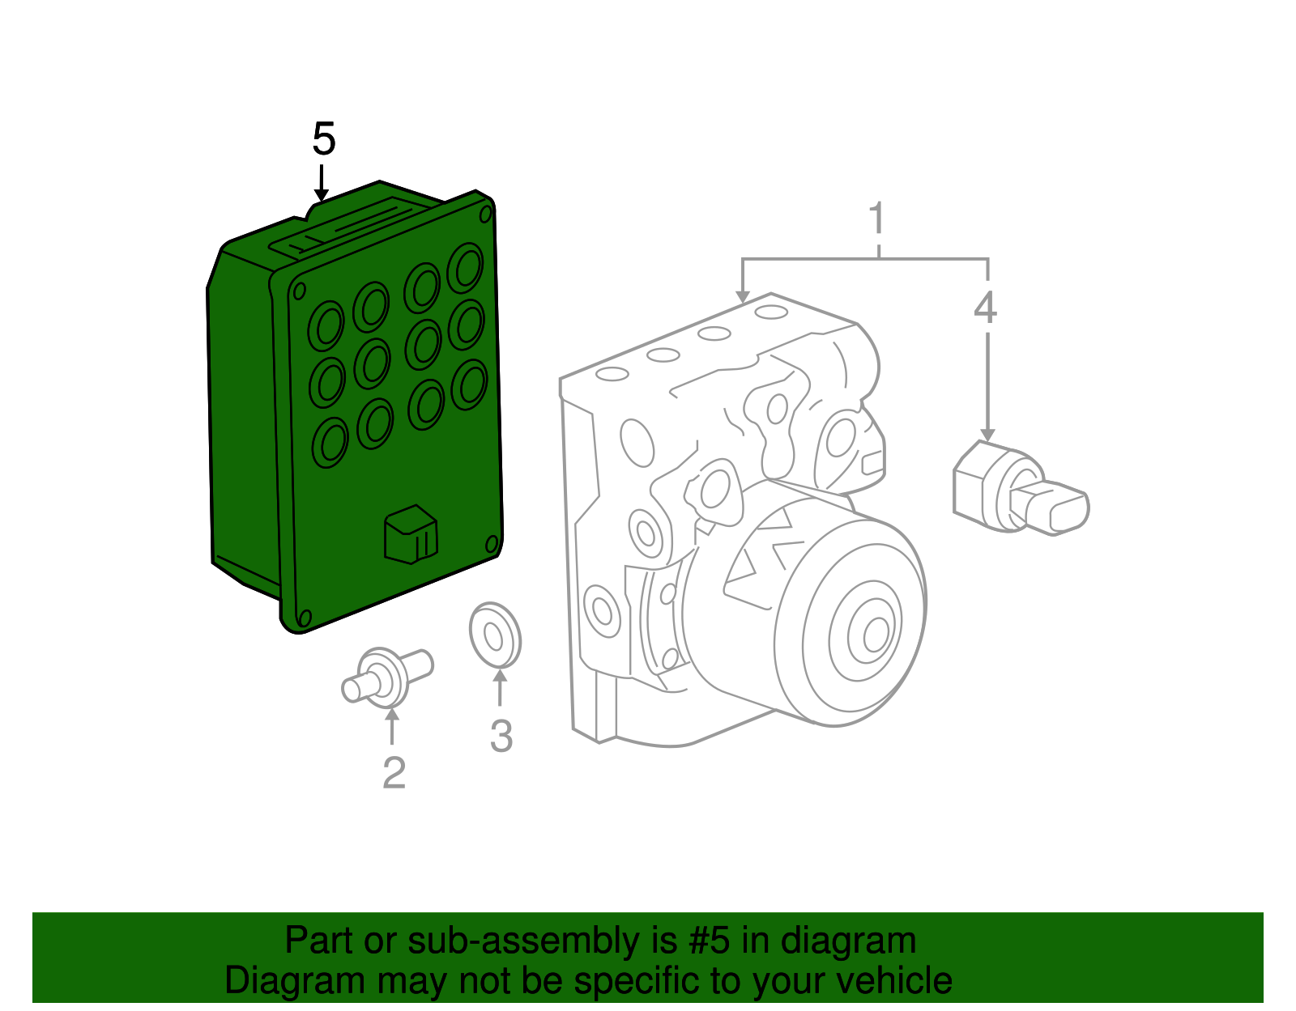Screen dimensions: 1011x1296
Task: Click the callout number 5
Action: point(323,139)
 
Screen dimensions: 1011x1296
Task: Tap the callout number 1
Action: point(876,219)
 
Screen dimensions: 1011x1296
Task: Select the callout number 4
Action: point(985,308)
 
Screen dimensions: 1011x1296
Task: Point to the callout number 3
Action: point(501,737)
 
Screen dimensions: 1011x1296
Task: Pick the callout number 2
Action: point(394,773)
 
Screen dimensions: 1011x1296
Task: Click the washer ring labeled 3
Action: point(495,635)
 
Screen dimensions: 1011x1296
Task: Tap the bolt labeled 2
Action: point(387,677)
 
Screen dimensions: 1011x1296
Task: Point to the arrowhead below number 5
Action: point(322,194)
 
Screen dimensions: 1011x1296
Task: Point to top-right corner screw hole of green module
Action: point(485,215)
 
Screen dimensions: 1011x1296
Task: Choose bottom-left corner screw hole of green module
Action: point(305,618)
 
